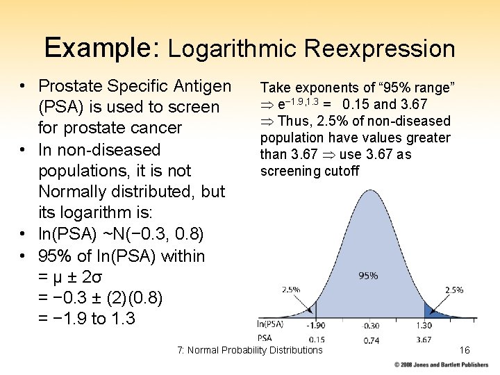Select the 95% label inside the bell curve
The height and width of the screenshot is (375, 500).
tap(368, 276)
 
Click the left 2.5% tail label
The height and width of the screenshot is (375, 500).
tap(291, 289)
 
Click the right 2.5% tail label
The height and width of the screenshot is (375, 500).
tap(453, 290)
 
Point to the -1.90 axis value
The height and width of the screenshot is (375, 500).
tap(316, 325)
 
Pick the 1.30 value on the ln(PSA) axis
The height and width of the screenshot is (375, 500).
tap(424, 325)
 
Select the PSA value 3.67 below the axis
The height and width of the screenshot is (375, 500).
tap(424, 340)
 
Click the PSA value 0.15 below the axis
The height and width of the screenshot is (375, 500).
tap(317, 339)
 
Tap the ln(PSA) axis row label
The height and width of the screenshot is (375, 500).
tap(269, 324)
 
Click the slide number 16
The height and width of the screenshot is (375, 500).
tap(465, 350)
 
